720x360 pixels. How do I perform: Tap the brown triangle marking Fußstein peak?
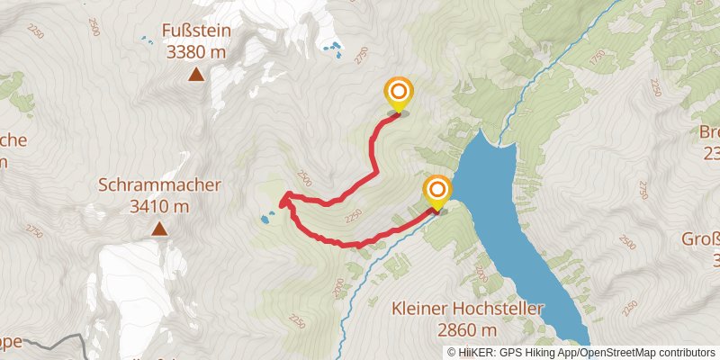click(195, 74)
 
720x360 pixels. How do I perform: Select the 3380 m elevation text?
click(196, 52)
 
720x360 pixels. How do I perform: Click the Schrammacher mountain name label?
click(159, 185)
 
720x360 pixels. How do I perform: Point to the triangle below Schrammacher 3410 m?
click(159, 229)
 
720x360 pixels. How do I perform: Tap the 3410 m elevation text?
click(159, 206)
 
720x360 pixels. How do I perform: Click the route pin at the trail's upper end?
click(398, 93)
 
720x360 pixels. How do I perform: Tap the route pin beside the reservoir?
click(436, 190)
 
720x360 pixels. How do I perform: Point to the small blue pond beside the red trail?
click(266, 218)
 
